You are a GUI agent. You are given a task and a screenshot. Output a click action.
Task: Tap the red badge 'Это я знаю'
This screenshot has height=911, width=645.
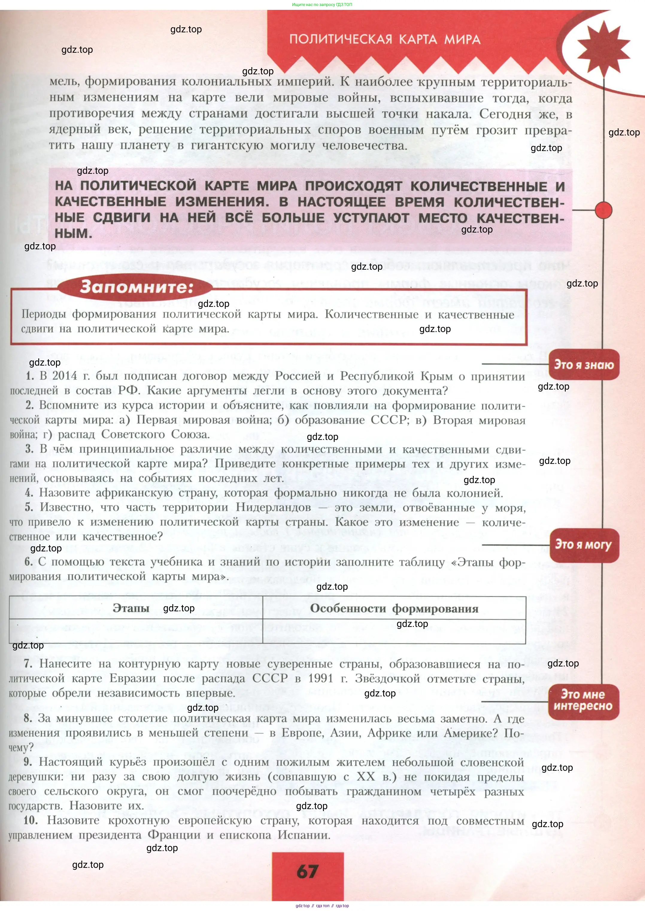[x=583, y=365]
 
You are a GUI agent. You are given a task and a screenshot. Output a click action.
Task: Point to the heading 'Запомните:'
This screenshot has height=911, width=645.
[x=136, y=287]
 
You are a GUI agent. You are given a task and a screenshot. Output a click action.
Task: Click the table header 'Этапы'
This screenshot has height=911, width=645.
[x=131, y=608]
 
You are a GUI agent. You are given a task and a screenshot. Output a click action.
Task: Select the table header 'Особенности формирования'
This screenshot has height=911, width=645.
[x=394, y=608]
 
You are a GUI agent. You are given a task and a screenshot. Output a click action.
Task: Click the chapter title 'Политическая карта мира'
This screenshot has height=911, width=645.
[x=385, y=39]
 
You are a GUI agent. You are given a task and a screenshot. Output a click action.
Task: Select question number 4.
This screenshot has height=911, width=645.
[x=29, y=493]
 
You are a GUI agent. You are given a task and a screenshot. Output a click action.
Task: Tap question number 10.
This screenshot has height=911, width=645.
[x=31, y=820]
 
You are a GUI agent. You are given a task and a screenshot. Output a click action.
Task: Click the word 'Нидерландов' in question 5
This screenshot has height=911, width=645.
[x=273, y=507]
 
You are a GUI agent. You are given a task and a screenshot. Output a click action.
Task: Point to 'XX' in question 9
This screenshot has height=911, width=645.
[x=365, y=776]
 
